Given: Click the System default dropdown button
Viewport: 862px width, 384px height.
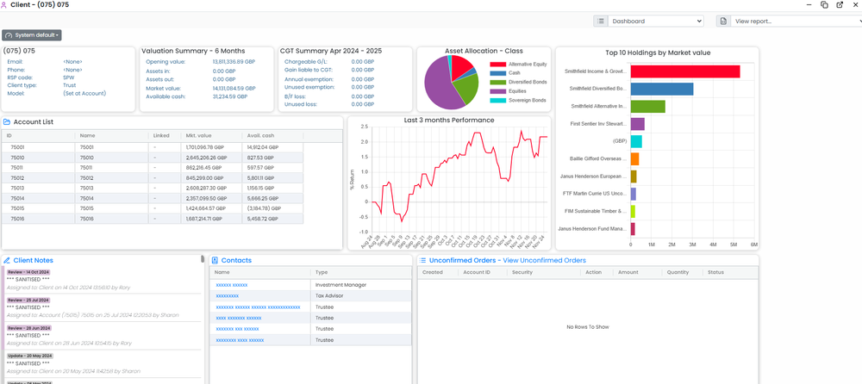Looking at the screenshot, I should pos(32,35).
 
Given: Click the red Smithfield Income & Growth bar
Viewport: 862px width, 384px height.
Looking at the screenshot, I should pos(685,71).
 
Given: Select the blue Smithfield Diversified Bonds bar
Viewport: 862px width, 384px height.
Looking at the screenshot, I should pos(662,89).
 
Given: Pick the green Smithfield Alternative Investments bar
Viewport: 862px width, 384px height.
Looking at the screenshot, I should pos(647,106).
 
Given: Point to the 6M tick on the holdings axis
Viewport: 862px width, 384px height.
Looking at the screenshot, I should pos(754,245).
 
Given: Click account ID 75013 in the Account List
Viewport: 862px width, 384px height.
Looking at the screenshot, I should pos(17,188).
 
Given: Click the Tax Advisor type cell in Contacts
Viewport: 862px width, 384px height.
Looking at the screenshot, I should pos(330,294).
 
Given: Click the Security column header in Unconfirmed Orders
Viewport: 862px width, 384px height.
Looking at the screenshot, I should pos(522,272).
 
